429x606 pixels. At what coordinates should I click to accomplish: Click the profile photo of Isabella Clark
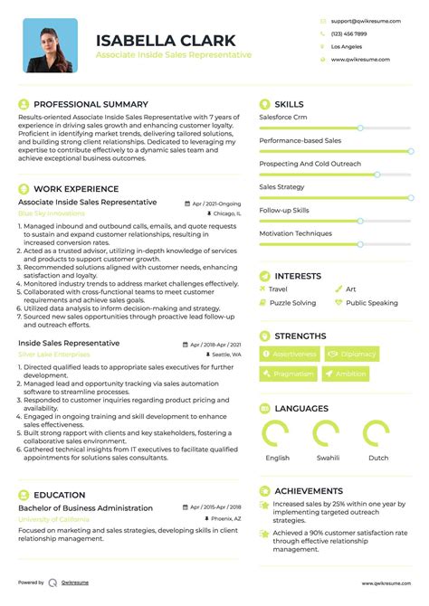point(51,45)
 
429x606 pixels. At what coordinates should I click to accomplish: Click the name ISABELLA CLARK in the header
point(166,40)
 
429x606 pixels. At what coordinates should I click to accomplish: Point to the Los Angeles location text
point(347,46)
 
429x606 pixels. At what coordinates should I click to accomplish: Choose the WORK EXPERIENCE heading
point(76,188)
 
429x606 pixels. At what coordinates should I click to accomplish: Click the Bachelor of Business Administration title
point(86,508)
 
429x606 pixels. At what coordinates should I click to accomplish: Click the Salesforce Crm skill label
point(283,118)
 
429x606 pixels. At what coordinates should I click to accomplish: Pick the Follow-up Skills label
point(284,210)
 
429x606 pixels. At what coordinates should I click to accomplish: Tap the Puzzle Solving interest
point(292,303)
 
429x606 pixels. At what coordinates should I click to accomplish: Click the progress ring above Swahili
point(327,434)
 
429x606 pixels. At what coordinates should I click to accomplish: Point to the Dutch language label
point(377,458)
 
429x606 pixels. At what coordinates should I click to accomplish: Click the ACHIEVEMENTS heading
point(309,490)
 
